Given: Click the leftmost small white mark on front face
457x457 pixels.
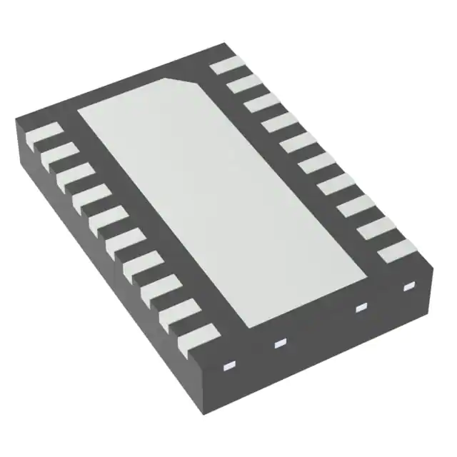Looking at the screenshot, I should (229, 366).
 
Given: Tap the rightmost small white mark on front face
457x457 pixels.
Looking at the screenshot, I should (409, 287).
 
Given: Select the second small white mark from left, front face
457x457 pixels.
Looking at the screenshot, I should (279, 343).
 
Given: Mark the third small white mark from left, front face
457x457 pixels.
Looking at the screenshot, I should (361, 307).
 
